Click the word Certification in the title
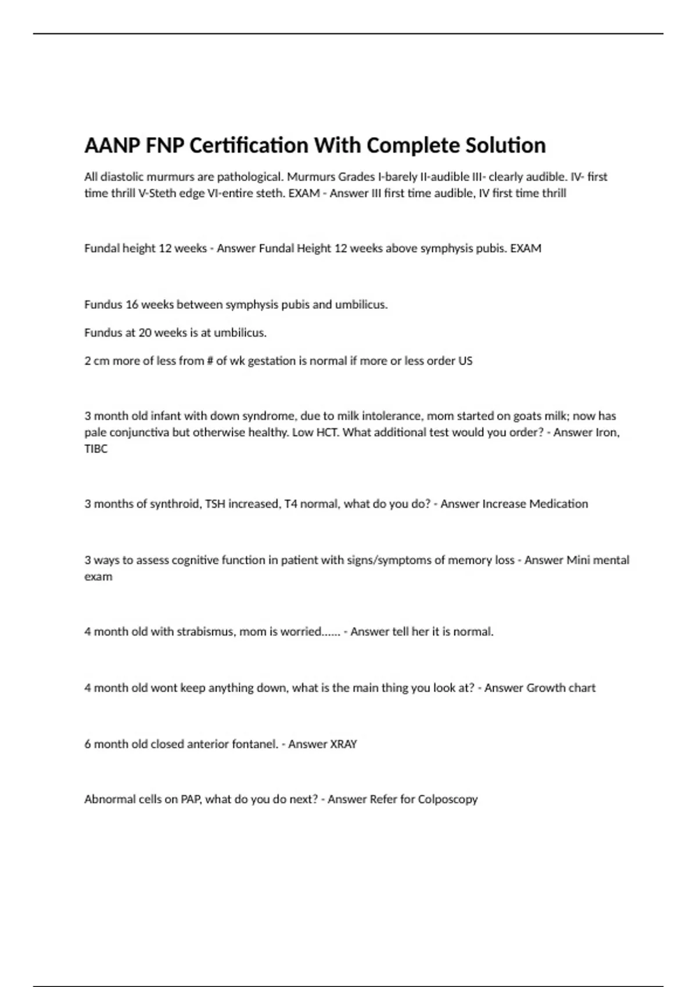click(249, 145)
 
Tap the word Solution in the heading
click(505, 145)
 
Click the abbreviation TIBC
click(96, 449)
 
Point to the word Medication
click(558, 504)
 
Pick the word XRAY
click(343, 744)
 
